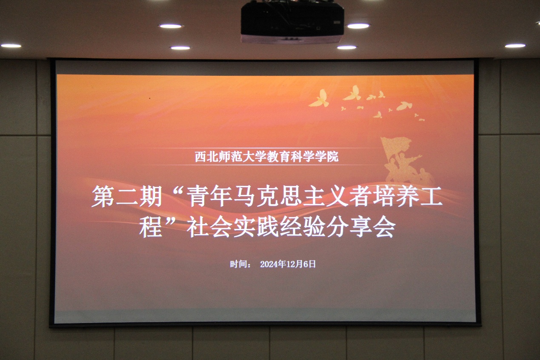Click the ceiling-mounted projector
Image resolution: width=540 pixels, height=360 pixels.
[292, 22]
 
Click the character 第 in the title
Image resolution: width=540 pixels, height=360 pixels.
[103, 196]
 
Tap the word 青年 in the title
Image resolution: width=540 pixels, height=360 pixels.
[209, 196]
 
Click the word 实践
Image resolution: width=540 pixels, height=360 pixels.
[256, 227]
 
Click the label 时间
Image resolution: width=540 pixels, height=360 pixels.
[237, 264]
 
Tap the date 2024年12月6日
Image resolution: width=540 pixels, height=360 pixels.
[288, 264]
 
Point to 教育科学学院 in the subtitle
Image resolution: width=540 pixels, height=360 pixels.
[303, 157]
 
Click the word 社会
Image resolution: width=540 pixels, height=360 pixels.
[209, 227]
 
